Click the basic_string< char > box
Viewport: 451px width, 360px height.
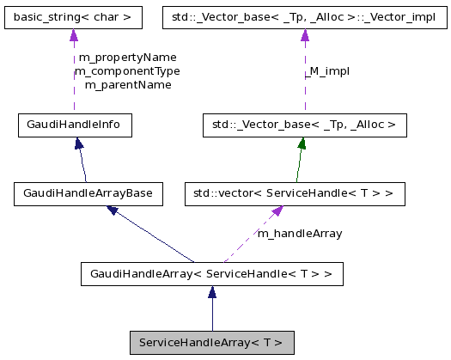[x=73, y=16]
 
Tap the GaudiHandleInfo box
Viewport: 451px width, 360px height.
[x=75, y=125]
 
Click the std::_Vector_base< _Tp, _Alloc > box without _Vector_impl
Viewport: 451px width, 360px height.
[x=304, y=125]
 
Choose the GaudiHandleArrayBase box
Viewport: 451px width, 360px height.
[x=88, y=193]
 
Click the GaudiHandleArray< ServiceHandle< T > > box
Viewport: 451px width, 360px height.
[x=212, y=274]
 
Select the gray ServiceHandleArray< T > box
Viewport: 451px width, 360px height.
[x=212, y=342]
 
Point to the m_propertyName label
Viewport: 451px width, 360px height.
[x=127, y=58]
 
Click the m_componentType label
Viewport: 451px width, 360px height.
[x=127, y=70]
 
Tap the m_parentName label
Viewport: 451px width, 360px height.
[x=127, y=84]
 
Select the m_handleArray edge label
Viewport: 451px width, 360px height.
[x=300, y=233]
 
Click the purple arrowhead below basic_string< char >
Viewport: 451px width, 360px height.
[x=74, y=35]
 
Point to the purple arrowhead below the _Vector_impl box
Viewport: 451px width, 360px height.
[x=304, y=35]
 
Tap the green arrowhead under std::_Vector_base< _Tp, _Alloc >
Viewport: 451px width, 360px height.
[x=302, y=143]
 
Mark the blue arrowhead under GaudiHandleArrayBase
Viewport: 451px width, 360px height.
[x=113, y=211]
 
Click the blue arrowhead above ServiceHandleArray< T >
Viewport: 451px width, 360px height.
[x=212, y=293]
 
